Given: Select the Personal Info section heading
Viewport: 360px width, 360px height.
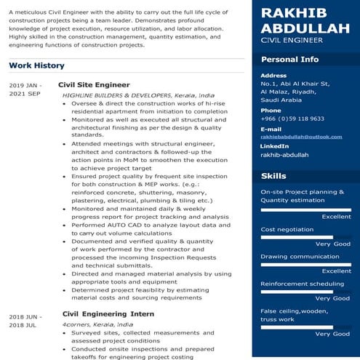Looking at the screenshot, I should click(289, 59).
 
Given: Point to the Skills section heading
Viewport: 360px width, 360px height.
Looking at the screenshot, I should click(273, 176).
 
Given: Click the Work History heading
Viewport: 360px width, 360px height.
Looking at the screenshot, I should click(36, 66).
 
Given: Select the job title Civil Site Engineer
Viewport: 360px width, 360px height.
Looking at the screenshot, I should click(93, 85).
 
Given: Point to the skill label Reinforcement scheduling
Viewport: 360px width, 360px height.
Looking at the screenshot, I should click(302, 284).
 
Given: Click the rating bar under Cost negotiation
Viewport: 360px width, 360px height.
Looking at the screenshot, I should click(297, 237).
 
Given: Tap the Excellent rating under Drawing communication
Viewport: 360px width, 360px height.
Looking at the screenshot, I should click(336, 271).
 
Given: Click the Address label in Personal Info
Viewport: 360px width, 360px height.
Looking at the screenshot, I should click(273, 76).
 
